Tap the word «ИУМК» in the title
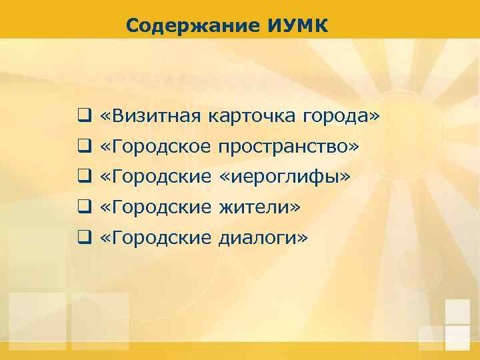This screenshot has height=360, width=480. [298, 26]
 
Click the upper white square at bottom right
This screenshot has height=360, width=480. [457, 311]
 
